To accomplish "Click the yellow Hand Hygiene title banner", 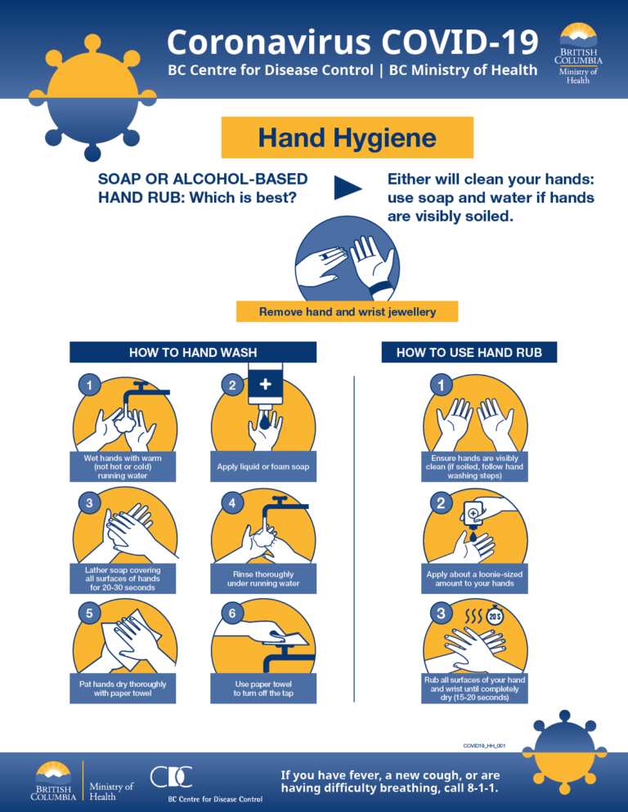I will pyautogui.click(x=348, y=137).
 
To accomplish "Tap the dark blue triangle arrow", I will pyautogui.click(x=347, y=187).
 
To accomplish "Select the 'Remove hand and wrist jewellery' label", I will pyautogui.click(x=348, y=311).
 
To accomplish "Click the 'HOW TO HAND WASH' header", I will pyautogui.click(x=193, y=352).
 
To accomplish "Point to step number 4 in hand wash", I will pyautogui.click(x=232, y=503).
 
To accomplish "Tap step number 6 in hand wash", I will pyautogui.click(x=232, y=613).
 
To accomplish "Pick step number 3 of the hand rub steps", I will pyautogui.click(x=441, y=613).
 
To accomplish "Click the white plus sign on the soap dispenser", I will pyautogui.click(x=265, y=382).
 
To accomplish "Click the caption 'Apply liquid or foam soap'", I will pyautogui.click(x=263, y=467).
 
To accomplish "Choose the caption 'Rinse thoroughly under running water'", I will pyautogui.click(x=263, y=578).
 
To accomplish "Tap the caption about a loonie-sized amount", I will pyautogui.click(x=474, y=579).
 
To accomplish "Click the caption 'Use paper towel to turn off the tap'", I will pyautogui.click(x=263, y=689).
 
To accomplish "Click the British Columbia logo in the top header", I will pyautogui.click(x=579, y=50).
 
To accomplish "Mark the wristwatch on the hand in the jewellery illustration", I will pyautogui.click(x=380, y=288).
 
